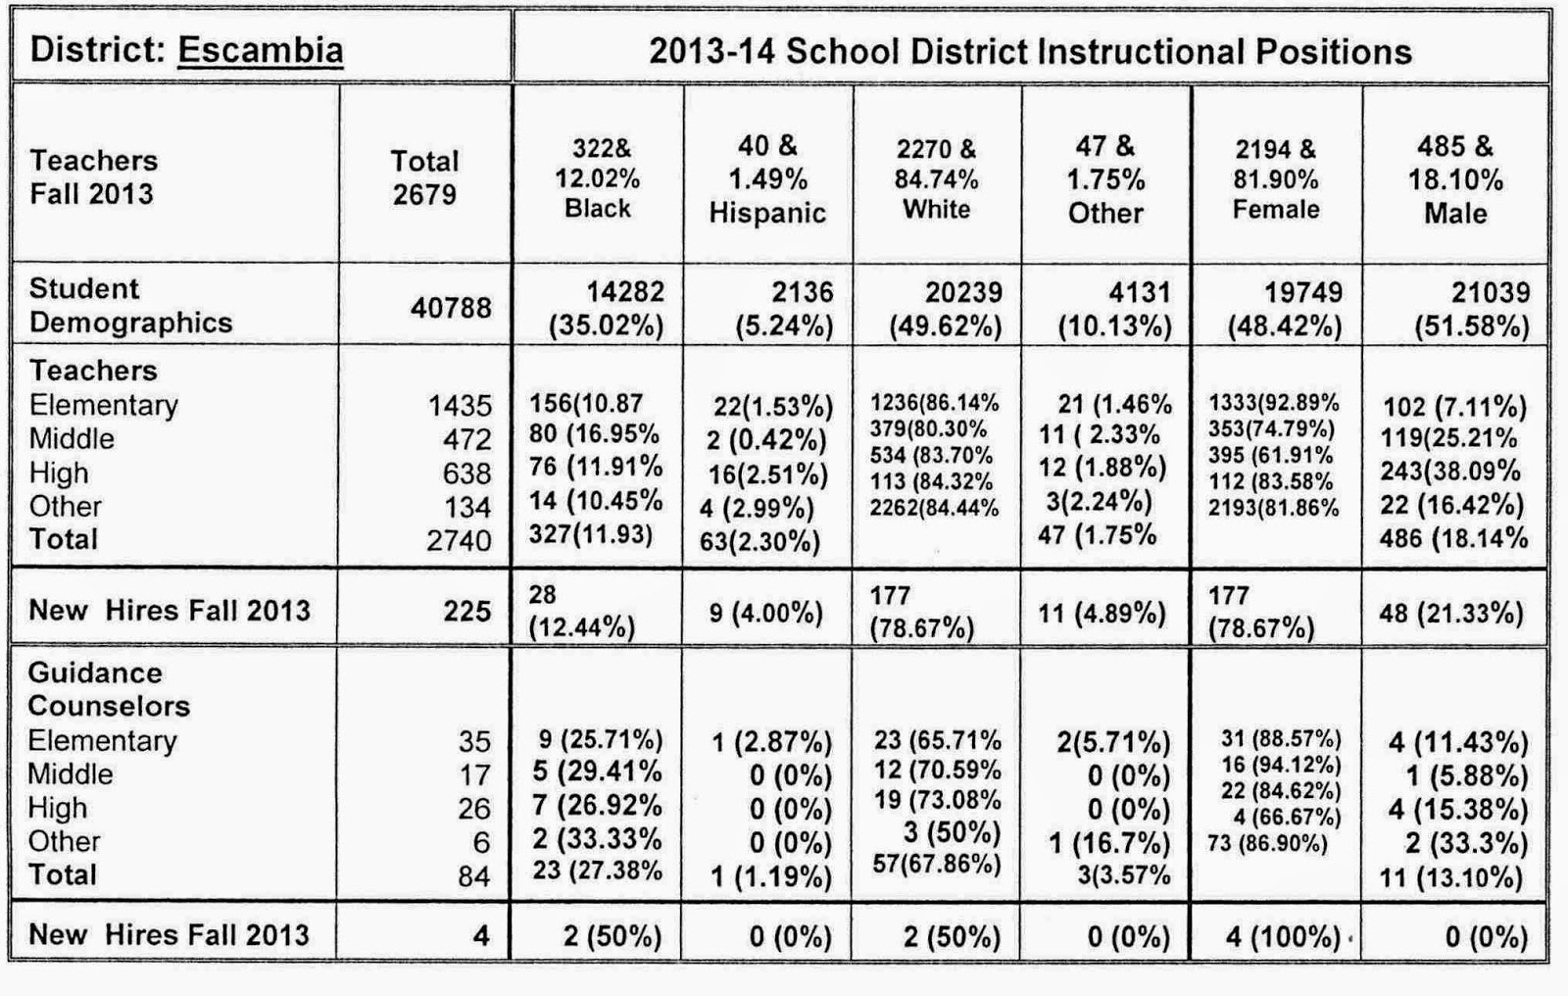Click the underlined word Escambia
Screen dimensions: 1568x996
(261, 50)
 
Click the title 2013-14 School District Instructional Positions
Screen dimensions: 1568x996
(1030, 51)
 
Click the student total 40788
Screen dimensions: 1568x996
(451, 308)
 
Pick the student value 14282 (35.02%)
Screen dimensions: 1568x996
(607, 308)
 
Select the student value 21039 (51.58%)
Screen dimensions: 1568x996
(1472, 308)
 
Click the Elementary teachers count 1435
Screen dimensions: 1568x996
(460, 406)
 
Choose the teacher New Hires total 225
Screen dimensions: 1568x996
(466, 612)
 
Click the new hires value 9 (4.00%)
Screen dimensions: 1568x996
(765, 614)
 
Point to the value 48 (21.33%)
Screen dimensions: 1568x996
(1451, 614)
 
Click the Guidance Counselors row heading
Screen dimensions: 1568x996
(109, 689)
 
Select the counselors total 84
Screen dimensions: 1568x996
(474, 876)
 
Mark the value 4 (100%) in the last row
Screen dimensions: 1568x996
(1283, 936)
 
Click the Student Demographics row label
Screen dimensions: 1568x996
(131, 306)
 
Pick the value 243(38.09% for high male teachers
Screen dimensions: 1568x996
(1449, 471)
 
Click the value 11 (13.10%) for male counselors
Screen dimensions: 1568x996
(1451, 877)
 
